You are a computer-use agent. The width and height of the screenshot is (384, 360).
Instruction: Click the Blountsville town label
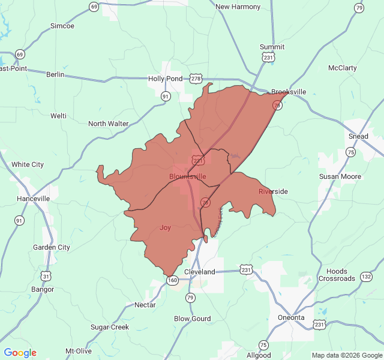pos(187,176)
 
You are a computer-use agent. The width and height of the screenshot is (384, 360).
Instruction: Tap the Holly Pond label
pos(165,79)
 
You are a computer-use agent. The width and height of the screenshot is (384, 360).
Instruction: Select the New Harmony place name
pos(238,7)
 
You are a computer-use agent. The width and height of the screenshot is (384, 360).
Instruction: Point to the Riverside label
pos(273,191)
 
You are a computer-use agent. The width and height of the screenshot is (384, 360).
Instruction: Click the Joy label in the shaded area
pos(165,227)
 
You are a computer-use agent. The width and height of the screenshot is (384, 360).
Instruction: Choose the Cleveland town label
pos(199,272)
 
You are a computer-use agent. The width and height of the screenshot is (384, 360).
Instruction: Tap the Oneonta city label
pos(291,317)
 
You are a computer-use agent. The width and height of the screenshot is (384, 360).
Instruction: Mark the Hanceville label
pos(34,199)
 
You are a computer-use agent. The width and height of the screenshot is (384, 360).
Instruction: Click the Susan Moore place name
pos(340,176)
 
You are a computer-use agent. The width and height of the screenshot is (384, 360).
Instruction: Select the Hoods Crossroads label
pos(337,275)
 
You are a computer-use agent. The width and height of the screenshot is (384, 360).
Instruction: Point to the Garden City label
pos(51,247)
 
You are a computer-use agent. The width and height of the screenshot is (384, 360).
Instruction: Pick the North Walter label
pos(109,124)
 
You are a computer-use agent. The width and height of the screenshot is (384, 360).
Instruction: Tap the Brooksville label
pos(289,92)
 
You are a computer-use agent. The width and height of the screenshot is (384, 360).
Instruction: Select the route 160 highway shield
pos(172,280)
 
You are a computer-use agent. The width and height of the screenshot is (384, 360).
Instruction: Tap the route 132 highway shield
pos(366,277)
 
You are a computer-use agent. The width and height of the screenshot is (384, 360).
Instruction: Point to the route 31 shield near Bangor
pos(46,276)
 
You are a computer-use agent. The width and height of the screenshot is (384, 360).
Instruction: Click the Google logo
pos(20,353)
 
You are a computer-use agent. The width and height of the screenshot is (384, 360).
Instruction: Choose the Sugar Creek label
pos(110,327)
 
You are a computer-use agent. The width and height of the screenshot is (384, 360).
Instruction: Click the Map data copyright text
pos(347,355)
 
